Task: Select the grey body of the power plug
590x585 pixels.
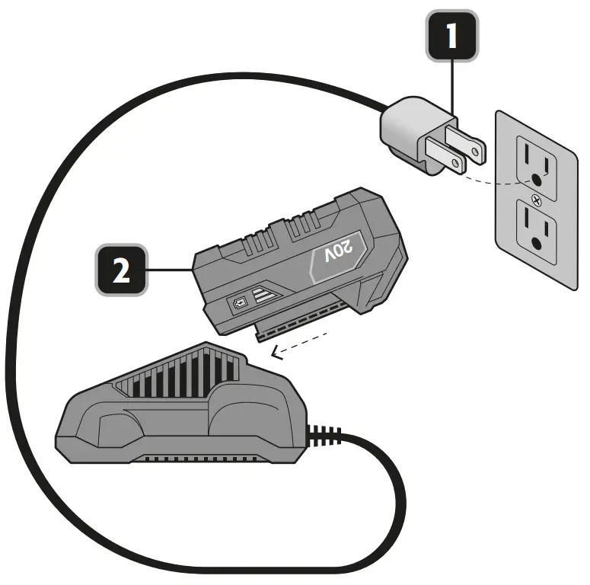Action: pyautogui.click(x=407, y=133)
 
